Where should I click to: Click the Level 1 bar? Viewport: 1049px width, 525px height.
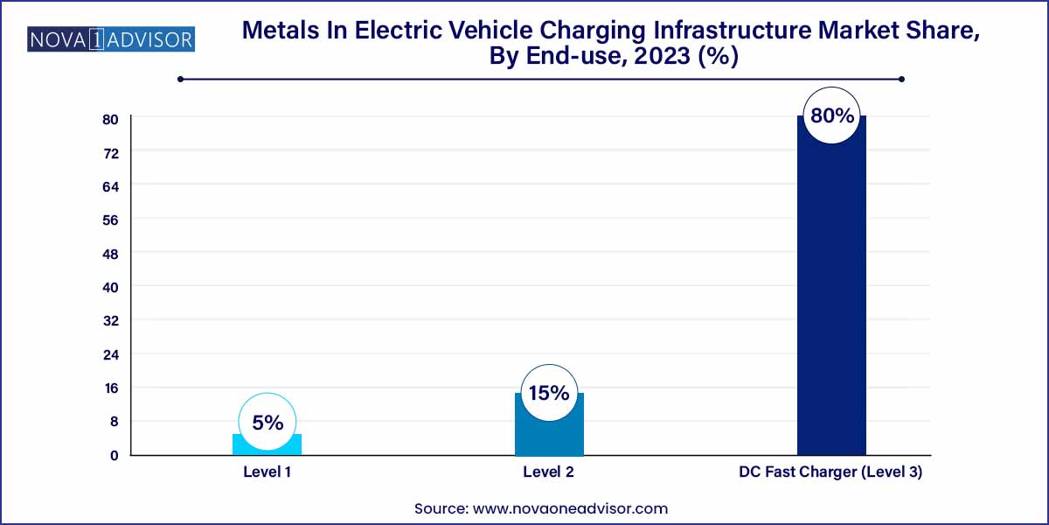tap(267, 445)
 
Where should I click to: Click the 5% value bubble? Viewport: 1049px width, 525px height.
tap(267, 423)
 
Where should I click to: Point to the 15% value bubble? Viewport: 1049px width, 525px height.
tap(549, 394)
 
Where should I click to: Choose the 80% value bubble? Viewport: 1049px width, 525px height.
tap(831, 115)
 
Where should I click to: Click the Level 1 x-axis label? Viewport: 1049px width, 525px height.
tap(267, 472)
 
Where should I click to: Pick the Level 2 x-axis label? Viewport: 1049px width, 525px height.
tap(549, 472)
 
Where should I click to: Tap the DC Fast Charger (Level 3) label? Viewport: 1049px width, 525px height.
tap(831, 472)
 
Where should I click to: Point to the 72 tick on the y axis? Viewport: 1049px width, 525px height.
tap(113, 152)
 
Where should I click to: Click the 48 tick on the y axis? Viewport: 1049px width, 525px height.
tap(113, 254)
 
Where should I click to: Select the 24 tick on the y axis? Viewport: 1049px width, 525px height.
tap(113, 354)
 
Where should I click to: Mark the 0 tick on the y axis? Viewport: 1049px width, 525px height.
tap(113, 455)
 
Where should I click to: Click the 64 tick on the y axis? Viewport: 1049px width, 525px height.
tap(113, 186)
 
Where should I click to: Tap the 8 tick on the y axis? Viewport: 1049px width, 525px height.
tap(113, 422)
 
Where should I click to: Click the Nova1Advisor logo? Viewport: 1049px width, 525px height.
tap(112, 39)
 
